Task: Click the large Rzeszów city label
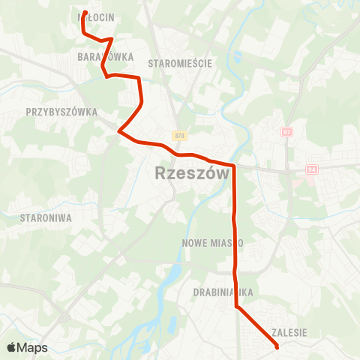pyautogui.click(x=191, y=173)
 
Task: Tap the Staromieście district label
pyautogui.click(x=181, y=64)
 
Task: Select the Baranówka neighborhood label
pyautogui.click(x=105, y=57)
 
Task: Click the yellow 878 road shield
pyautogui.click(x=178, y=136)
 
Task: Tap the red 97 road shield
pyautogui.click(x=286, y=131)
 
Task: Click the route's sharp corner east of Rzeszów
pyautogui.click(x=235, y=166)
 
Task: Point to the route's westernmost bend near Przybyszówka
pyautogui.click(x=119, y=132)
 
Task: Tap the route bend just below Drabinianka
pyautogui.click(x=237, y=306)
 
